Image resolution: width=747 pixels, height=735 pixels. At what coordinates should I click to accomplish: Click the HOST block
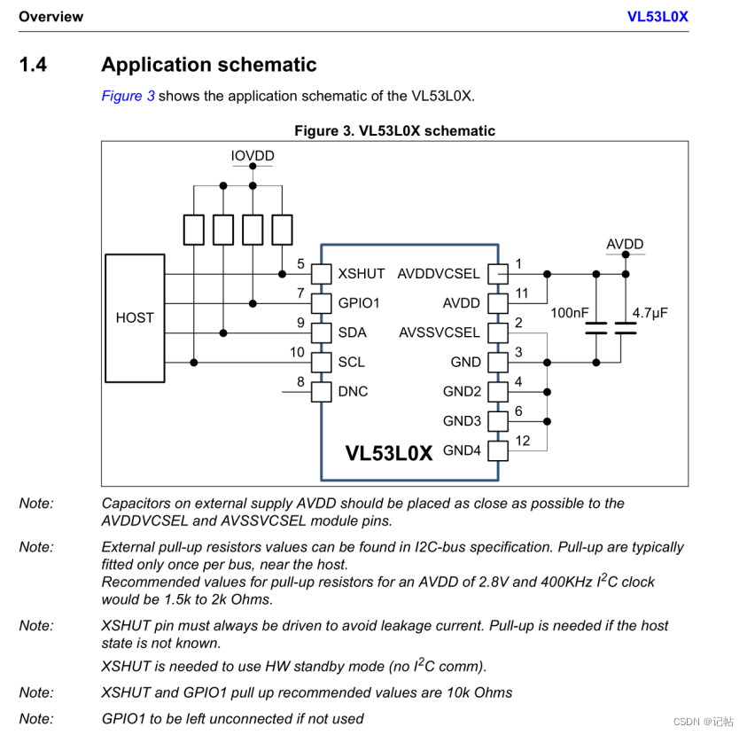tap(135, 317)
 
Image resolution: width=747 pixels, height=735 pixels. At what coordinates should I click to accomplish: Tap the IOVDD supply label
tap(253, 156)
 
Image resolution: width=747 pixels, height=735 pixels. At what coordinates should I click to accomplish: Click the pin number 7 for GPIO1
tap(300, 293)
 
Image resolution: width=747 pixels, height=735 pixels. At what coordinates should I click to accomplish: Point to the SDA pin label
tap(352, 332)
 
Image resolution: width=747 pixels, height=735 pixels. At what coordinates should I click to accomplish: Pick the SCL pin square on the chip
tap(321, 362)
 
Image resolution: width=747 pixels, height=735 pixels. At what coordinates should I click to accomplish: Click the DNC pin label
tap(353, 391)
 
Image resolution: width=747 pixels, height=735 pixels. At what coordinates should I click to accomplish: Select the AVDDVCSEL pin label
tap(438, 274)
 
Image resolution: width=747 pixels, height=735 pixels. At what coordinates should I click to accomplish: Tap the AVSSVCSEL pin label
tap(440, 332)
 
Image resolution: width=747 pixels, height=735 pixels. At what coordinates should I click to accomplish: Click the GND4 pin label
tap(462, 450)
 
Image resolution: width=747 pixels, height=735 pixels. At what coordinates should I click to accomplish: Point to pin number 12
tap(522, 441)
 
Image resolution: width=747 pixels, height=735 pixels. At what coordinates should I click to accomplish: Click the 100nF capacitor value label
tap(569, 313)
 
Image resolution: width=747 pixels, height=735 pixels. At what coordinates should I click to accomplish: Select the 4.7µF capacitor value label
tap(650, 313)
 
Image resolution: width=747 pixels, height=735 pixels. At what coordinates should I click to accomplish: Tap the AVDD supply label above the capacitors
tap(625, 244)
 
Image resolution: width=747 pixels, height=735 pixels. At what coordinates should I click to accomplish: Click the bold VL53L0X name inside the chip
tap(388, 453)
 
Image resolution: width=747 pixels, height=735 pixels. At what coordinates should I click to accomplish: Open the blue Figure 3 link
tap(128, 96)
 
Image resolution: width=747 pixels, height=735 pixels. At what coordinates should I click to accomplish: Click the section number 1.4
tap(34, 65)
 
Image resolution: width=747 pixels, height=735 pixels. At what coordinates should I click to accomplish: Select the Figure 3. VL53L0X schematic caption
tap(394, 130)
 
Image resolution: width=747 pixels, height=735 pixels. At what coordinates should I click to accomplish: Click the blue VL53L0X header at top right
tap(658, 16)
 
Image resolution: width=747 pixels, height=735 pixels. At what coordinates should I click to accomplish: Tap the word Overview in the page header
tap(51, 16)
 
